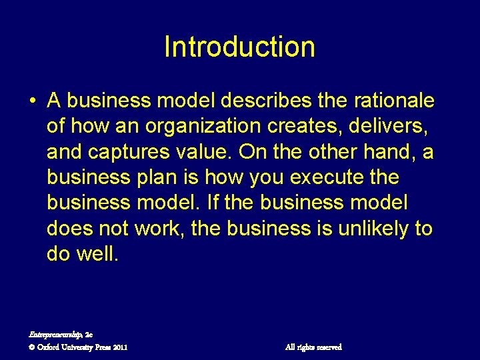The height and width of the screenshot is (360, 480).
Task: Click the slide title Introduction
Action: click(x=239, y=47)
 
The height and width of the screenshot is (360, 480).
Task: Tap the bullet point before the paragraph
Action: click(x=32, y=101)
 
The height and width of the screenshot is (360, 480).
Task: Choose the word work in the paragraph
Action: click(x=159, y=229)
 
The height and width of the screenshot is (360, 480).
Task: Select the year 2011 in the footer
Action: click(x=120, y=347)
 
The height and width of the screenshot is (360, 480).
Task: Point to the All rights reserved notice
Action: click(x=313, y=347)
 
